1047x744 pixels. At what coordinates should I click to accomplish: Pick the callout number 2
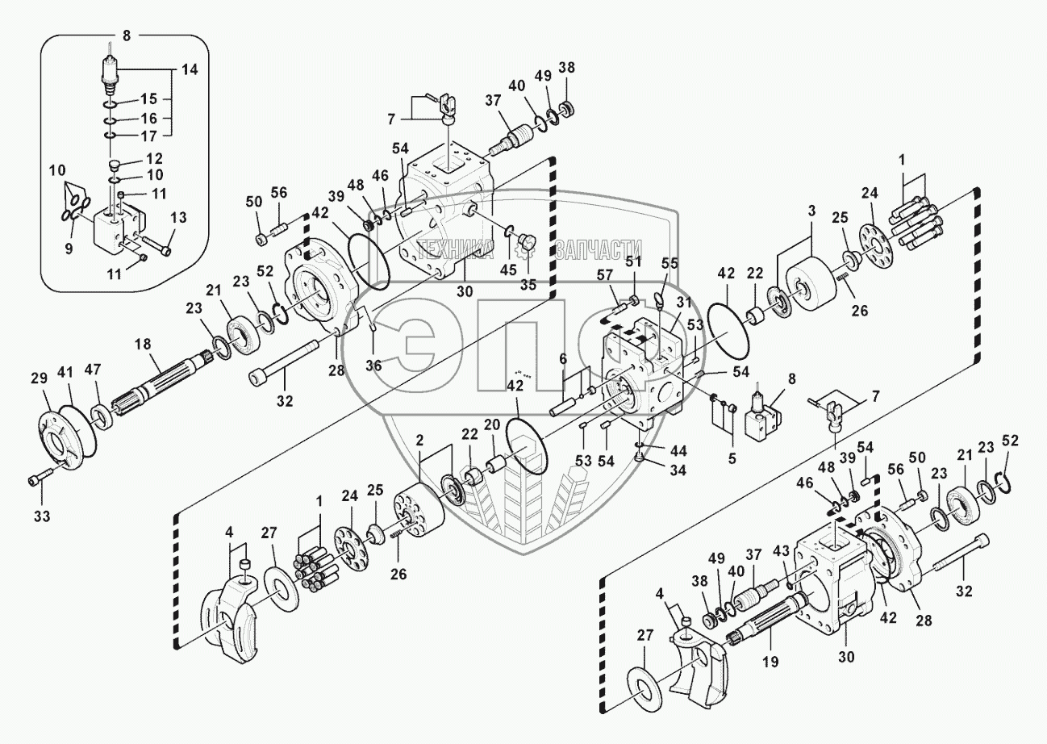tap(419, 439)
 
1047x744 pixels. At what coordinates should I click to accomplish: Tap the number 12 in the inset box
tap(153, 159)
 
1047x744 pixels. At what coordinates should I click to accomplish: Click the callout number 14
tap(188, 70)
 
